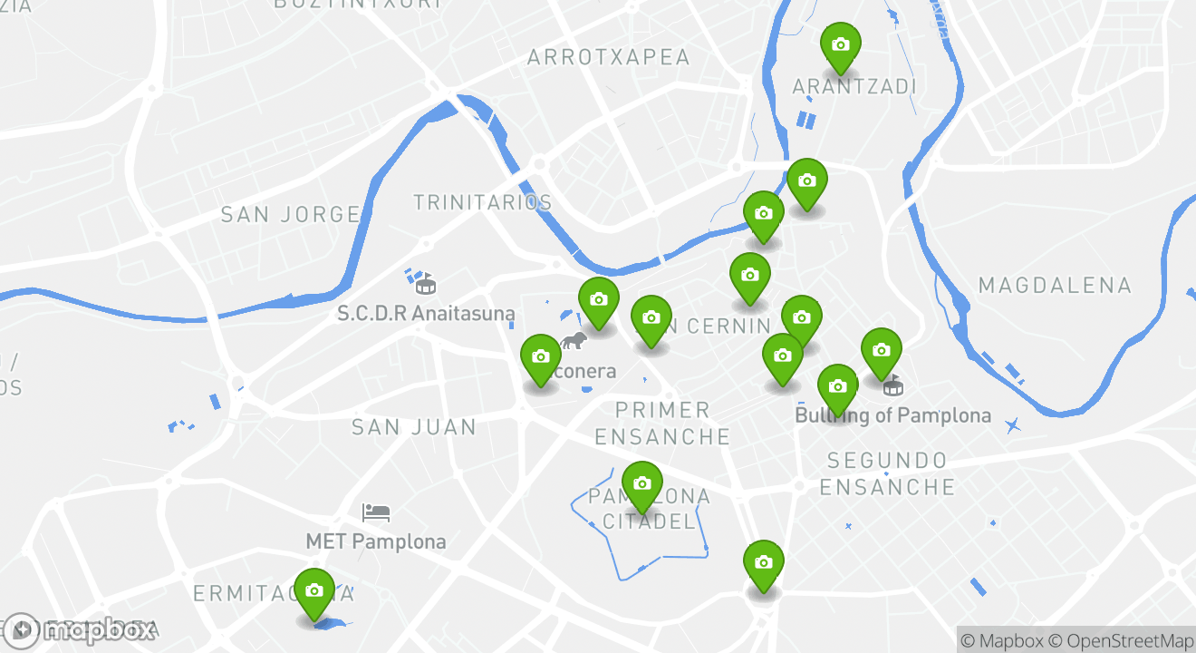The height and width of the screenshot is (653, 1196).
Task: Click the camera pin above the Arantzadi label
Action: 840,44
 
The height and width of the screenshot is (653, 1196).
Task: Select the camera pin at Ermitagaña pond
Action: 314,590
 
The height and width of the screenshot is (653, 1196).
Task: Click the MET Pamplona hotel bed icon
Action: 376,512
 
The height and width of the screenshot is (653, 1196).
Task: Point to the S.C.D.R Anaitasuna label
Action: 426,314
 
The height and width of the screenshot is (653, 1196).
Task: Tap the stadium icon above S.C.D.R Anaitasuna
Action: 424,284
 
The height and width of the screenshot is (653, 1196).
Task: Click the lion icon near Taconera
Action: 573,341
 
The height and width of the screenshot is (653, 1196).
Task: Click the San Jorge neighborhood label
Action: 291,215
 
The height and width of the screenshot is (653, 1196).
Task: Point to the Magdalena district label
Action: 1055,286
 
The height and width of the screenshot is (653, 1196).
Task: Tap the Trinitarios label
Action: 482,202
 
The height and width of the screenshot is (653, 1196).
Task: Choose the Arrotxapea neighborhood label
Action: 609,57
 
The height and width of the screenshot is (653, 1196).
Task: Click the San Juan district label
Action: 414,426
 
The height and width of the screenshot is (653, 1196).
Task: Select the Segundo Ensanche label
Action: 887,473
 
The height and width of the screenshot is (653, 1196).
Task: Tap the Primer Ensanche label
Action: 662,424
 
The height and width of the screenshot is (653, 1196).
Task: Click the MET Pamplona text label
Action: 376,542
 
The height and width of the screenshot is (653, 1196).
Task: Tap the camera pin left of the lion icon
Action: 541,357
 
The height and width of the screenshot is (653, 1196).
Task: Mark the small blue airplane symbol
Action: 1012,424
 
